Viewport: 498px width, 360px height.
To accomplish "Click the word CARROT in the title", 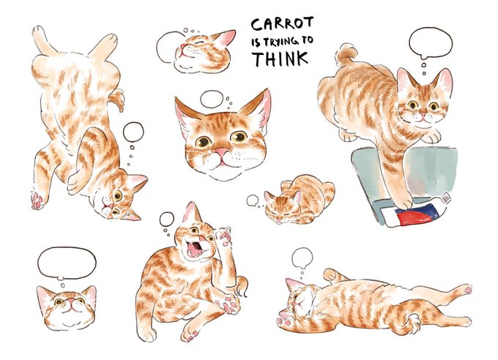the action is (x=282, y=24).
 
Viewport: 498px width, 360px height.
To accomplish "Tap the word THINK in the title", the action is (x=280, y=59).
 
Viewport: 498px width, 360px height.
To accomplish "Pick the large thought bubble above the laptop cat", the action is (x=431, y=43).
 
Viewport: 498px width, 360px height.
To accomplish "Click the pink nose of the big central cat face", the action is (x=221, y=151).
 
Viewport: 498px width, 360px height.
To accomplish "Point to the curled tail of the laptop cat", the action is (x=346, y=54).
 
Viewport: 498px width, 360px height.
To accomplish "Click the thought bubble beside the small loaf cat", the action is (x=253, y=200).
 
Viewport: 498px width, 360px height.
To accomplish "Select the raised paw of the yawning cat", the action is (x=224, y=236).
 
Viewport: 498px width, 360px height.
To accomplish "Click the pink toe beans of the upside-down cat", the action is (x=37, y=200).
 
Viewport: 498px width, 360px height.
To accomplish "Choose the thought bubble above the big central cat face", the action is (x=212, y=99).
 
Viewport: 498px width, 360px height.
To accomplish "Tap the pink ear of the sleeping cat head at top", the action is (x=226, y=37).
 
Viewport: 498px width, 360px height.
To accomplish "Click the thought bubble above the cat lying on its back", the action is (x=302, y=258).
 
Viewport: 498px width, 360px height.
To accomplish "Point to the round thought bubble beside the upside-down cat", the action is (x=133, y=132).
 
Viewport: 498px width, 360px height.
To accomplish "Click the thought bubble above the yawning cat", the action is (x=167, y=219).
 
